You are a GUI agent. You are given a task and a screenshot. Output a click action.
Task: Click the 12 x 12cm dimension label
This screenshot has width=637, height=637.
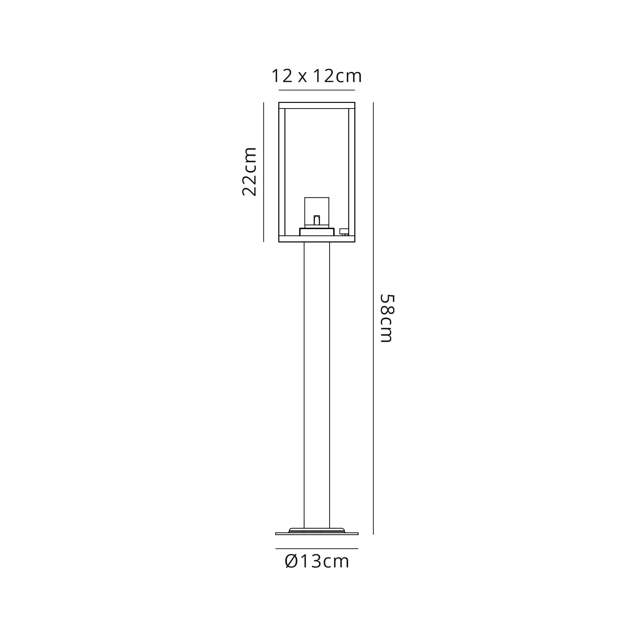tap(317, 76)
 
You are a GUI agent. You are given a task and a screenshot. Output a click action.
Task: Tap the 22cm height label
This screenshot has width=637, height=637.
tap(249, 172)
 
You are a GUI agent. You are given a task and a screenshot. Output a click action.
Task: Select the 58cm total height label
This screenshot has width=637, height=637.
tap(387, 318)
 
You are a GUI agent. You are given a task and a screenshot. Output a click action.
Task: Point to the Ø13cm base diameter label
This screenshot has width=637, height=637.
tap(317, 562)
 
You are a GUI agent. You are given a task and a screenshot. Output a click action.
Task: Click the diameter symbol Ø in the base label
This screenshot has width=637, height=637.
tap(292, 562)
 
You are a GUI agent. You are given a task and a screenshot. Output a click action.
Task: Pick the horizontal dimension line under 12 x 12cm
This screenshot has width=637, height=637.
tap(317, 90)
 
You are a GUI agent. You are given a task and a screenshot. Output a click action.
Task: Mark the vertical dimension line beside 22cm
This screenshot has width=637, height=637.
tap(263, 172)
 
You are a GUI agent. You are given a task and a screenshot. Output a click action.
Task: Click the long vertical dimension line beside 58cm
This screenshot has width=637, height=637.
tap(373, 318)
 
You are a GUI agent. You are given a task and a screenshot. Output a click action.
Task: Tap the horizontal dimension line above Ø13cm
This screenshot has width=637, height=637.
tap(317, 549)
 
